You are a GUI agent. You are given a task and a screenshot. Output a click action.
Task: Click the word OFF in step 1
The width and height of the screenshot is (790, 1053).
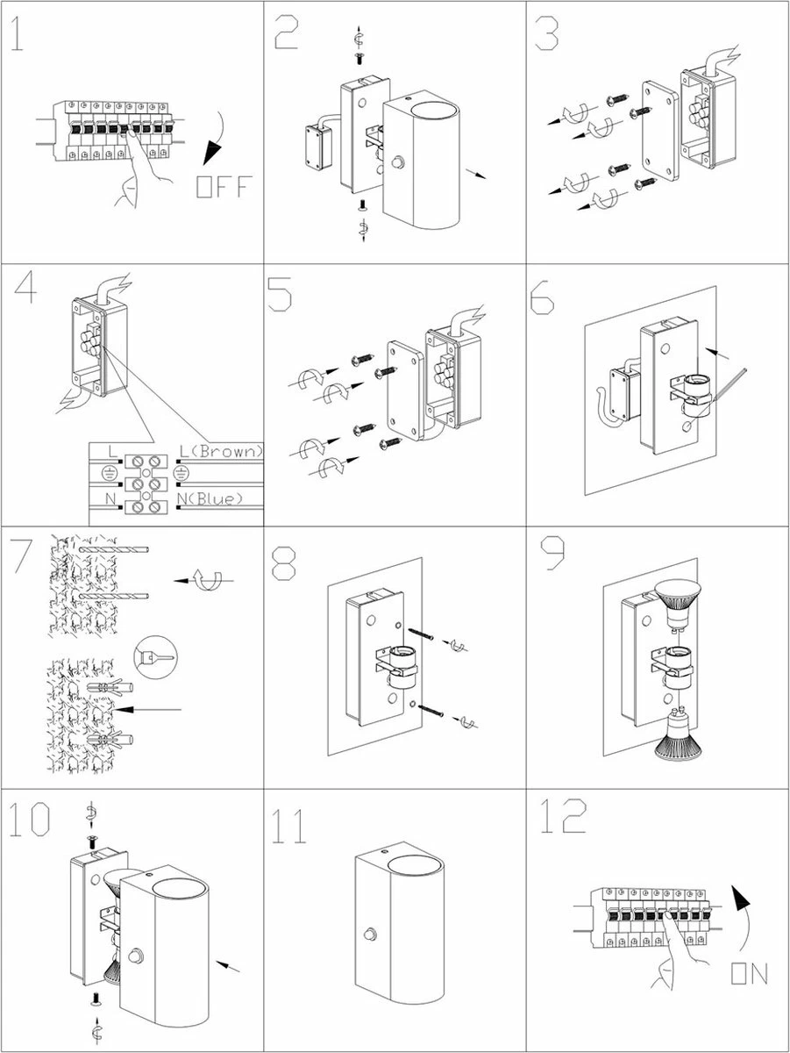pos(224,187)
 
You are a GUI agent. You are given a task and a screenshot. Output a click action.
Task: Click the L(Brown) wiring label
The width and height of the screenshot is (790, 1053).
pos(220,451)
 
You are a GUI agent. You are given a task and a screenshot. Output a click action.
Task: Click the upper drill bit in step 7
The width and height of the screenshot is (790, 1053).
pos(114,551)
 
